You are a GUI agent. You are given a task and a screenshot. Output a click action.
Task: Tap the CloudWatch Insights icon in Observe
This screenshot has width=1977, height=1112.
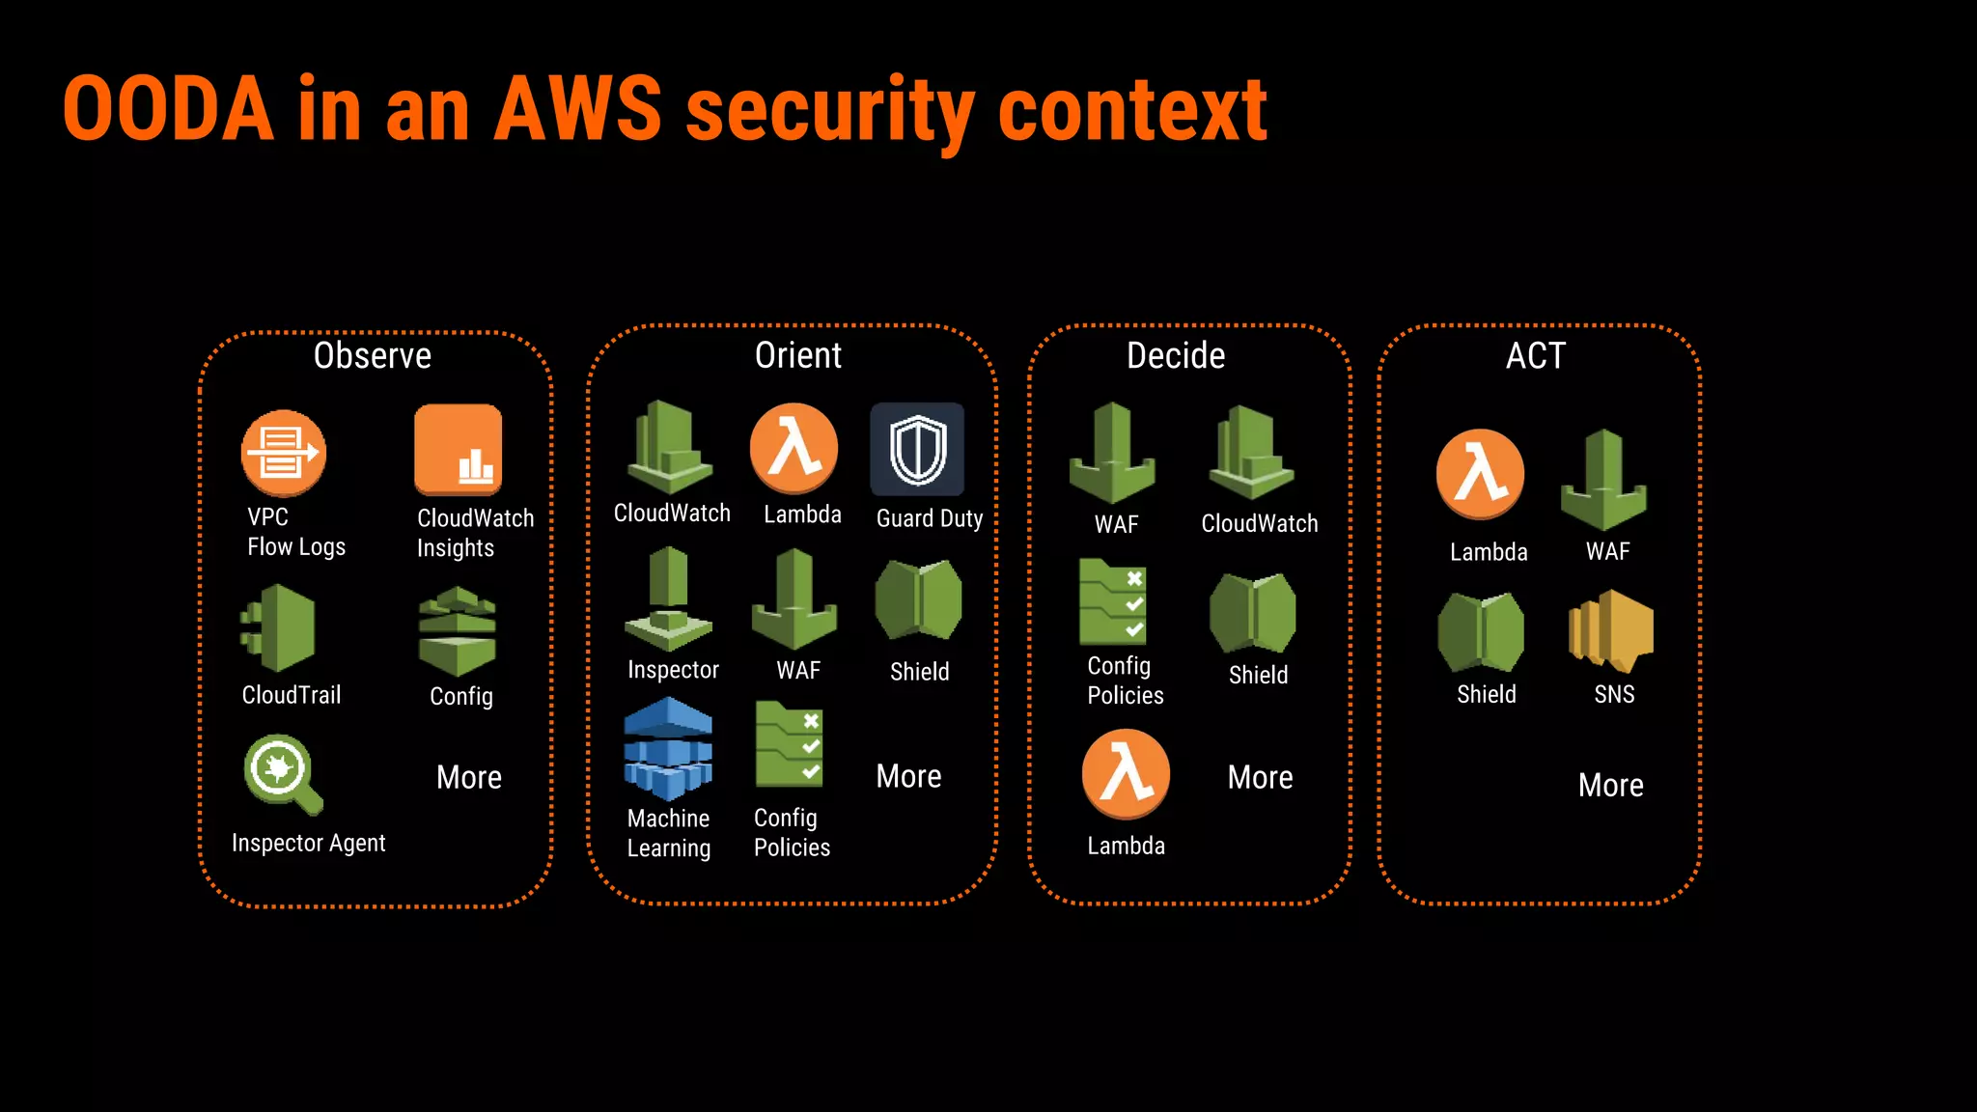pyautogui.click(x=458, y=450)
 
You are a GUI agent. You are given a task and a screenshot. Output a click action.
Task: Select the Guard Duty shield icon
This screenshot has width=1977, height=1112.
pyautogui.click(x=917, y=450)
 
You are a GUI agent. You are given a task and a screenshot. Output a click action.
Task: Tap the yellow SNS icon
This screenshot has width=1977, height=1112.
pyautogui.click(x=1611, y=631)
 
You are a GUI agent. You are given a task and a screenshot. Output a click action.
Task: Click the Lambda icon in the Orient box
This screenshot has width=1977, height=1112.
pyautogui.click(x=794, y=448)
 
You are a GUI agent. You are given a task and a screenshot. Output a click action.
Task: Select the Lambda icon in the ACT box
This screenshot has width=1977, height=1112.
pyautogui.click(x=1480, y=474)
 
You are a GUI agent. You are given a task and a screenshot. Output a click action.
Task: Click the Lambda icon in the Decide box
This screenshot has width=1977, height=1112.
pyautogui.click(x=1126, y=774)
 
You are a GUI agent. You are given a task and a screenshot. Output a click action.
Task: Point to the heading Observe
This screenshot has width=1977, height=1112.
pyautogui.click(x=373, y=356)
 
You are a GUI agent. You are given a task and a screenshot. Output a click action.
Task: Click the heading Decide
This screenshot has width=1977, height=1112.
pyautogui.click(x=1176, y=356)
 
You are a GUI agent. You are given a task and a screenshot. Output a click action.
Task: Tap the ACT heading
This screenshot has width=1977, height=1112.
pyautogui.click(x=1535, y=356)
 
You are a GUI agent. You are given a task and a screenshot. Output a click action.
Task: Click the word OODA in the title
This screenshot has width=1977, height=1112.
pyautogui.click(x=168, y=110)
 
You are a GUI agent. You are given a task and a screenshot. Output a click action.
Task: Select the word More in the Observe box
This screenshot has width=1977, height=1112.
pyautogui.click(x=469, y=778)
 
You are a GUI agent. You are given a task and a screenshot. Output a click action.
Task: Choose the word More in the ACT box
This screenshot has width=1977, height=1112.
pyautogui.click(x=1610, y=786)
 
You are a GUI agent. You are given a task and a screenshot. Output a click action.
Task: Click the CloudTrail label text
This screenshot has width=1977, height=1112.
pyautogui.click(x=292, y=695)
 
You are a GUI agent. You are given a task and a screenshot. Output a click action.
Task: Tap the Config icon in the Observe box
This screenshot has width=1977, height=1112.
pyautogui.click(x=458, y=631)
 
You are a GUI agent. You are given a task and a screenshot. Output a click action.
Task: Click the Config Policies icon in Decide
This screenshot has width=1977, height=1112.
pyautogui.click(x=1113, y=602)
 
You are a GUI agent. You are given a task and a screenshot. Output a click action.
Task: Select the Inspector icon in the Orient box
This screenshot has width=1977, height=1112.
pyautogui.click(x=668, y=598)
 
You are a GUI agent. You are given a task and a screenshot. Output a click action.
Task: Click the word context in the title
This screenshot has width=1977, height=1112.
pyautogui.click(x=1131, y=110)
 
